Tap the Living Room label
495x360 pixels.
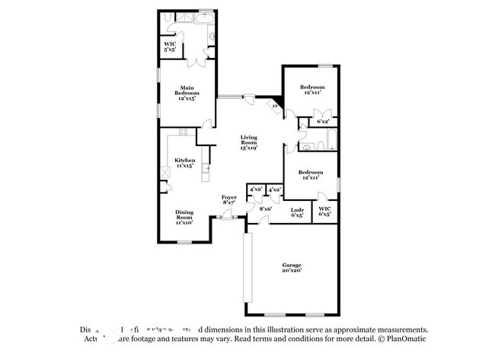tap(249, 142)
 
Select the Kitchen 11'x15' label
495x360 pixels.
tap(185, 164)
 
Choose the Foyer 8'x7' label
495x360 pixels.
tap(229, 200)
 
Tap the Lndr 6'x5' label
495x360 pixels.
tap(298, 212)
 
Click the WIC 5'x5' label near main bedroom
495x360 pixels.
tap(170, 46)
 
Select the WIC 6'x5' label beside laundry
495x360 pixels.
tap(325, 212)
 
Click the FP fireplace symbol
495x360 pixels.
tap(275, 107)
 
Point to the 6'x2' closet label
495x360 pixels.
tap(322, 121)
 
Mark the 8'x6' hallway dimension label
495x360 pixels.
tap(265, 209)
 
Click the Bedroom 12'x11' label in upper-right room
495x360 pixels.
tap(311, 89)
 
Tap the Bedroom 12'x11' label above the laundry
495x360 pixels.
tap(311, 175)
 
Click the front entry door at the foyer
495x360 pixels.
tap(226, 218)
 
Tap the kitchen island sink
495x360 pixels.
tap(206, 170)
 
